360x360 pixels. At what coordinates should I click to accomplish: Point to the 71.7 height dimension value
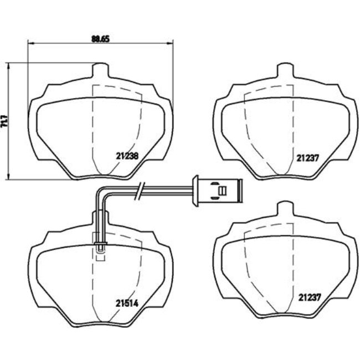point(5,121)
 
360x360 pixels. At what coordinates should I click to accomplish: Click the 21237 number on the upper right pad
point(307,157)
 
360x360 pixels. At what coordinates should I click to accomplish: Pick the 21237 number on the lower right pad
point(307,296)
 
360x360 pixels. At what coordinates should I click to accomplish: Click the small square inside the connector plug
point(223,191)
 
